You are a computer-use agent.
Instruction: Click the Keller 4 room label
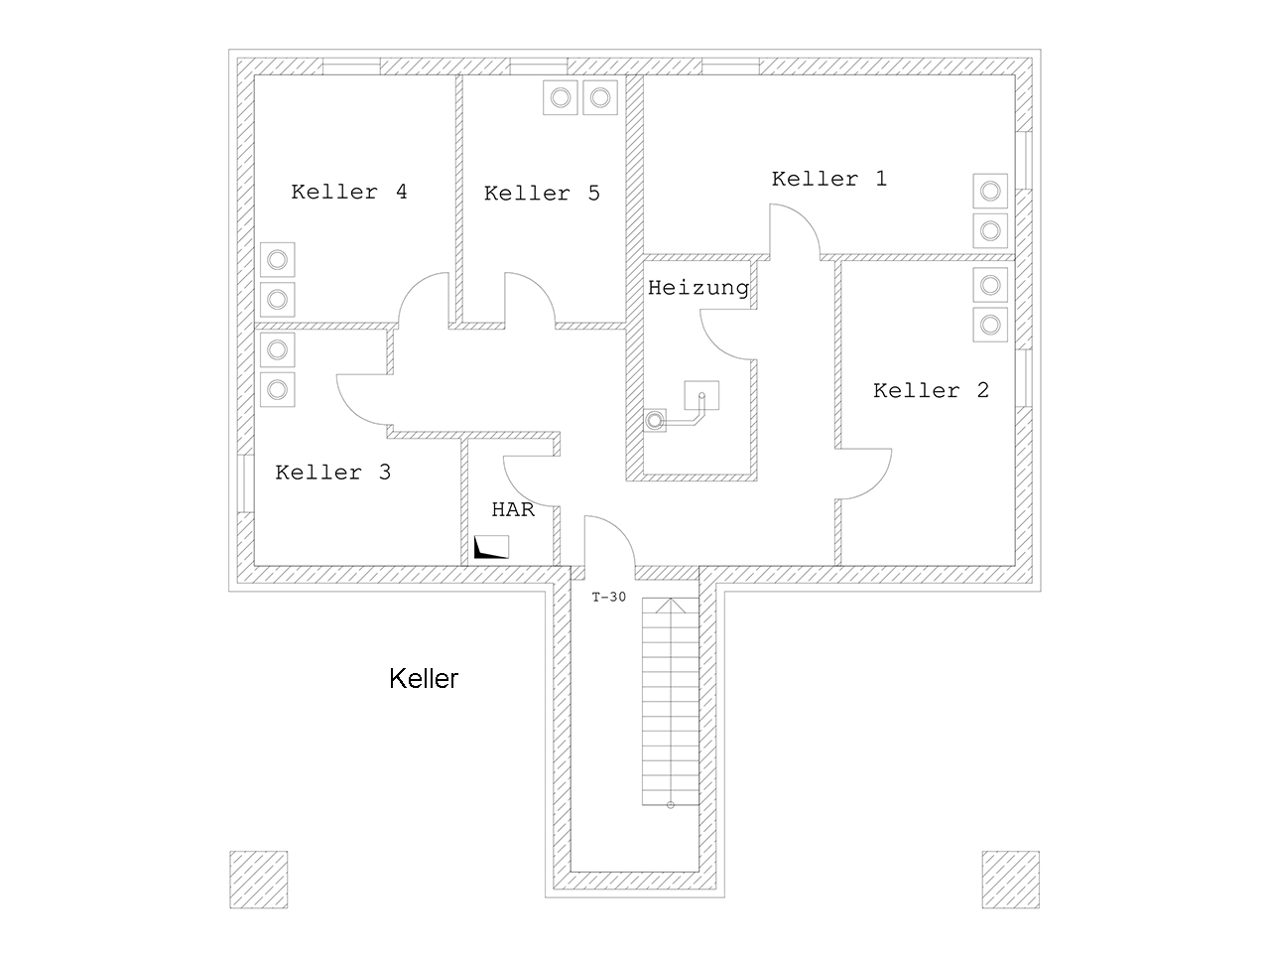349,192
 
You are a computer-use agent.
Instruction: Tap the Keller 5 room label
542,194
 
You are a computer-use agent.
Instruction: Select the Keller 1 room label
829,179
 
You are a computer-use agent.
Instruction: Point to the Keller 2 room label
931,390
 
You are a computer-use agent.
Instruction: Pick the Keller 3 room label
332,473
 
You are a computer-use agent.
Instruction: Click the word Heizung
698,288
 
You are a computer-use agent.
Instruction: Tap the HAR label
513,510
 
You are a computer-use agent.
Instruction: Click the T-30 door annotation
608,598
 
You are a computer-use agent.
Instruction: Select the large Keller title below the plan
424,679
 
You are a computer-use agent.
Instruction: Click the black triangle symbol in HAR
486,549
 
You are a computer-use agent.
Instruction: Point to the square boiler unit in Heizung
701,396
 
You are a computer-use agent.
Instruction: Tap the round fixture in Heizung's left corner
655,421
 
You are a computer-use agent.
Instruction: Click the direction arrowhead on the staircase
671,605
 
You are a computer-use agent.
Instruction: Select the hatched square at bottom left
259,880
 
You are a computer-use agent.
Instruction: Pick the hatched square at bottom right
1010,880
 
